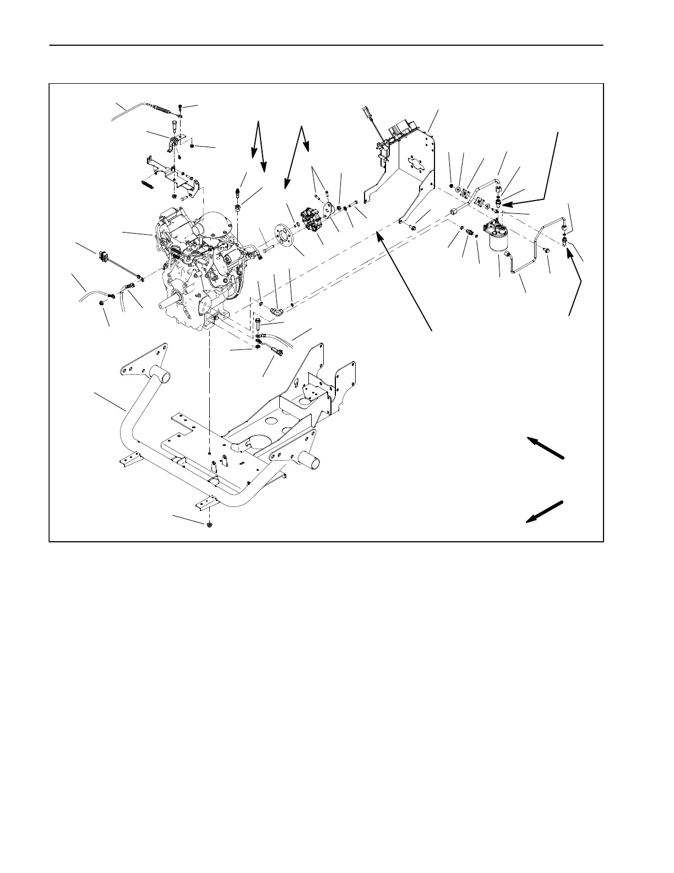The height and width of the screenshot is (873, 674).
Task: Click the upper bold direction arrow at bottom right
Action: coord(546,448)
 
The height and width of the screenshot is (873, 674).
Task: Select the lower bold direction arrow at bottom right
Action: coord(545,511)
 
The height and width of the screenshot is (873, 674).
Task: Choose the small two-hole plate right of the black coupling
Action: coord(329,212)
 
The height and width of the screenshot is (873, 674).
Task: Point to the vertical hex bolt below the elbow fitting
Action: coord(258,325)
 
